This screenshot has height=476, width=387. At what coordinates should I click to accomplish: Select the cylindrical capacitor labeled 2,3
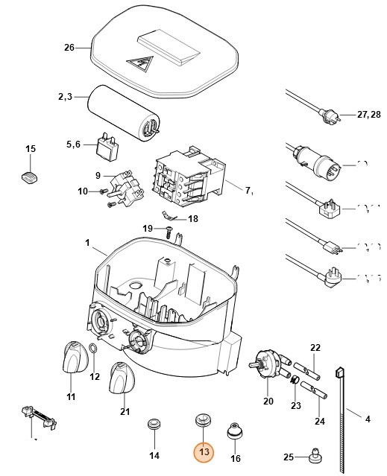pos(124,112)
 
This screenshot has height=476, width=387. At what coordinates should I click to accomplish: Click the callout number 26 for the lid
pos(69,48)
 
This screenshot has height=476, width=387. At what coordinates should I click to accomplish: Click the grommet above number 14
pos(154,424)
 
